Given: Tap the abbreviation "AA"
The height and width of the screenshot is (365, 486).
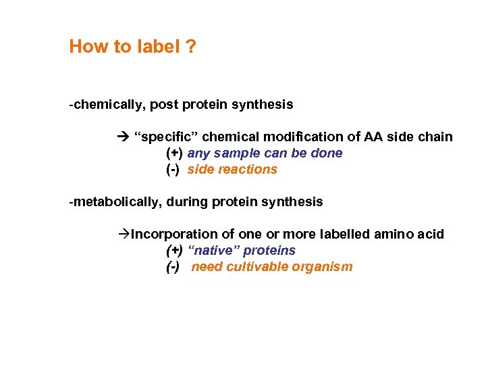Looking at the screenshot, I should click(x=374, y=137).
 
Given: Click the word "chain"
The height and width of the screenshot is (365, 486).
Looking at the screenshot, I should click(x=435, y=137).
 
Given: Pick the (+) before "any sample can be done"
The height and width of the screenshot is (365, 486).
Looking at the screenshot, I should click(x=175, y=153).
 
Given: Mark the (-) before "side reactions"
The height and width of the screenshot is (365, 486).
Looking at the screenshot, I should click(x=173, y=170).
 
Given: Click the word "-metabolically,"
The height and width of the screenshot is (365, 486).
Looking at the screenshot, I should click(x=119, y=202).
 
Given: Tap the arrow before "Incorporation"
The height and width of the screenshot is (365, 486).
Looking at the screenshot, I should click(x=123, y=235).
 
